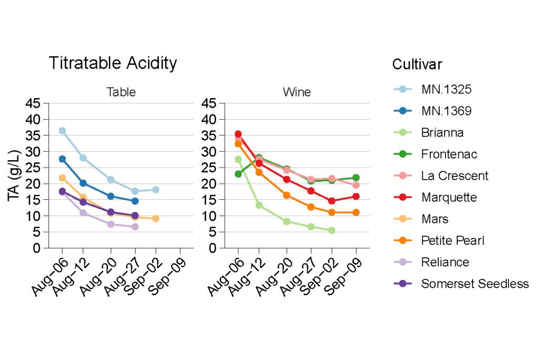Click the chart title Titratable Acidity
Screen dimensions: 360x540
tap(113, 63)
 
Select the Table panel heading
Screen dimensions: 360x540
tap(121, 92)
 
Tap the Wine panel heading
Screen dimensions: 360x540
tap(297, 92)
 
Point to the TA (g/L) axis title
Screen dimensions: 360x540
tap(15, 176)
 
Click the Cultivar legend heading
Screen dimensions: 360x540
tap(417, 65)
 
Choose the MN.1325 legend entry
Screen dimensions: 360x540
tap(446, 90)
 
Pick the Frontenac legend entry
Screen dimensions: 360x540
tap(449, 154)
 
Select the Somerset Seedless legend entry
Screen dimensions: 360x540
tap(475, 284)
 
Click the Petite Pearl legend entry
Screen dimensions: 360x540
tap(452, 241)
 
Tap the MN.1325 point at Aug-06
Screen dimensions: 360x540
tap(62, 131)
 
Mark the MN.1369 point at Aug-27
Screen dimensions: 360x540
tap(135, 201)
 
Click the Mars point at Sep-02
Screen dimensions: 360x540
tap(156, 218)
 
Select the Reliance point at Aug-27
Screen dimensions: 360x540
tap(135, 227)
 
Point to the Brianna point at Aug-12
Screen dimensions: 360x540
tap(259, 205)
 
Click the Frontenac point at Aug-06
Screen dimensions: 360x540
tap(238, 174)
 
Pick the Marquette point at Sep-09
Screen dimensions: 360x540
tap(356, 196)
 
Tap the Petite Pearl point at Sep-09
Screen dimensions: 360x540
tap(356, 212)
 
